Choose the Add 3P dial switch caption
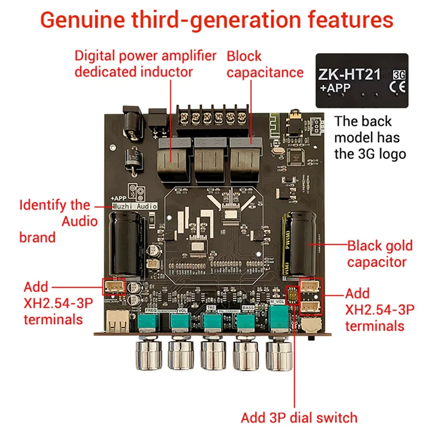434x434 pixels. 299,418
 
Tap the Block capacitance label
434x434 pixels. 264,63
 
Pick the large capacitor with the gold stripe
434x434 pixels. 297,244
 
